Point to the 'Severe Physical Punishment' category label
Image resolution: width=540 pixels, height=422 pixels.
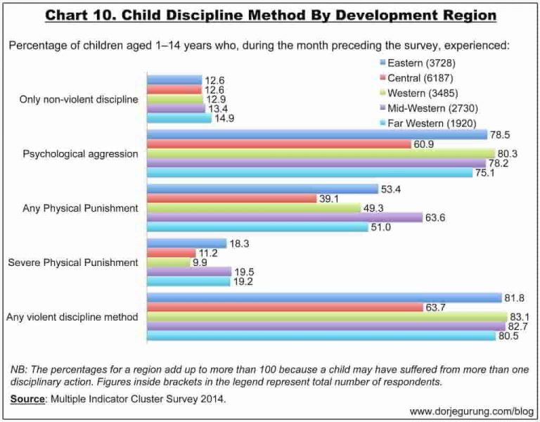[72, 262]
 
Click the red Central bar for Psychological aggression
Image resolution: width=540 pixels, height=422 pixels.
[278, 144]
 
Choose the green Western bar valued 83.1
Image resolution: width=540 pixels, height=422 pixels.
[326, 316]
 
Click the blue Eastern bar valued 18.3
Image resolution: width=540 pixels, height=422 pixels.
[186, 243]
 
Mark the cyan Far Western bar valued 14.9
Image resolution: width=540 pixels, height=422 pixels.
[179, 119]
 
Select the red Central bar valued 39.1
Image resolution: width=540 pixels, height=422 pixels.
[231, 198]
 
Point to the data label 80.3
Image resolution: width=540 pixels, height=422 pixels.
[509, 153]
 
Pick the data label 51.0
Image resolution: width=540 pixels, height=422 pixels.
[380, 227]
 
